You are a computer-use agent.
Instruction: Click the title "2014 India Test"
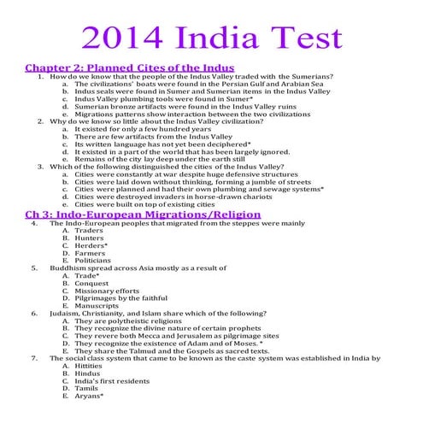[x=211, y=38]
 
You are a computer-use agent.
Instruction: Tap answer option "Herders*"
[x=91, y=244]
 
